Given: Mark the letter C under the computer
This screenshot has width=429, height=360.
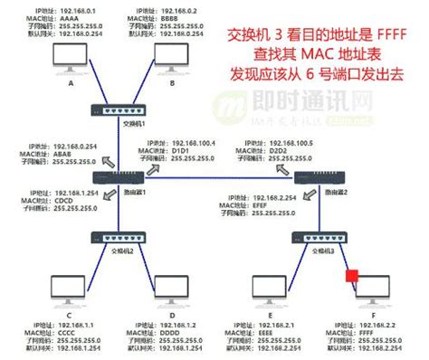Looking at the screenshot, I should point(70,316).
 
